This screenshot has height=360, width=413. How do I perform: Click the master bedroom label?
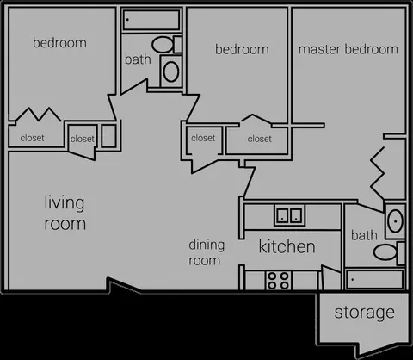348,49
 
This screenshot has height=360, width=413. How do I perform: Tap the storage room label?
364,313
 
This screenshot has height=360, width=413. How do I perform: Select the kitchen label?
287,246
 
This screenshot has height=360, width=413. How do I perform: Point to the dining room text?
206,252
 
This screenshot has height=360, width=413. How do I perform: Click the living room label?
65,213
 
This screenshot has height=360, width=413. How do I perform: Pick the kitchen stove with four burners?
278,281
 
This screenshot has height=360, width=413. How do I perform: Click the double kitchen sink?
289,215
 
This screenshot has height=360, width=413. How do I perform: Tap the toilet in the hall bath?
167,45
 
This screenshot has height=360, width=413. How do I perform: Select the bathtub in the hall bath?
151,20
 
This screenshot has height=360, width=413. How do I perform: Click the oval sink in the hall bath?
171,71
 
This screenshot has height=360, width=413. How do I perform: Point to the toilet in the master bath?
389,252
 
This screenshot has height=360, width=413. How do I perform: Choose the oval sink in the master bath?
395,221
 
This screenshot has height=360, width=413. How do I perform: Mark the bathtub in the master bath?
374,279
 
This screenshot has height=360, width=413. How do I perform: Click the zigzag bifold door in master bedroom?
378,173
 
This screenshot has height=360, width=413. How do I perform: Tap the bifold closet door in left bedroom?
38,115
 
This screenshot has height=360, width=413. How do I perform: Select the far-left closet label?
32,138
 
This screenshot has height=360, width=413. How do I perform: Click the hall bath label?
138,59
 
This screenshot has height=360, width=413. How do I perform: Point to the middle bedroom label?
242,49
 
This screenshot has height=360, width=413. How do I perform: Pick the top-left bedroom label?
59,43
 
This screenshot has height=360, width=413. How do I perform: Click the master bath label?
364,235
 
